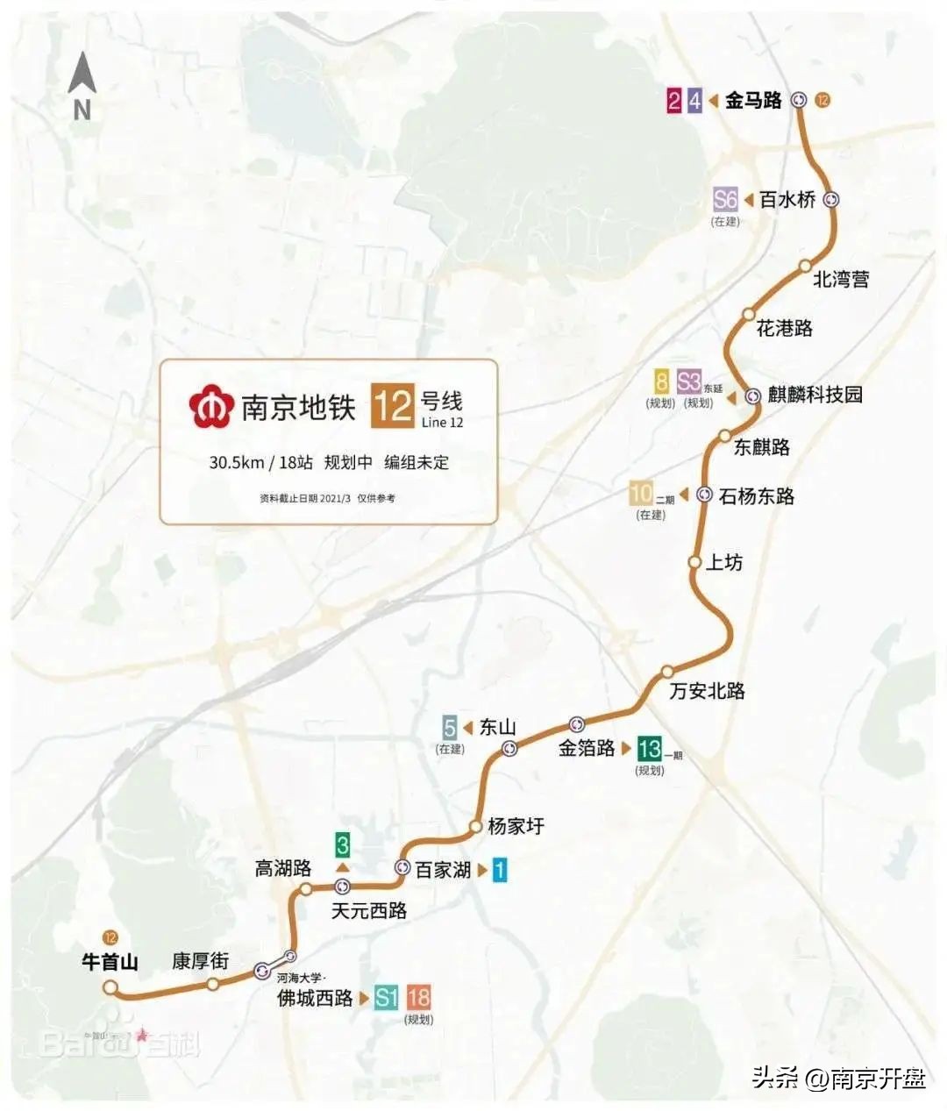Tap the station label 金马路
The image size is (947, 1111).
point(752,100)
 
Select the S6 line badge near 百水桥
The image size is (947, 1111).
point(725,199)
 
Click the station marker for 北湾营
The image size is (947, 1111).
point(805,266)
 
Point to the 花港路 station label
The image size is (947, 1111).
point(784,328)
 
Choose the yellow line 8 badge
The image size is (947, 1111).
point(661,382)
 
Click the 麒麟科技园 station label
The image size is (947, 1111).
point(815,395)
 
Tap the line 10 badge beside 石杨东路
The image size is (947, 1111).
point(641,494)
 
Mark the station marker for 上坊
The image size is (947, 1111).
point(694,561)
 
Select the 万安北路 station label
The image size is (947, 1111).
point(707,691)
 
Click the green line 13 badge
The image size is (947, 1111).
point(649,748)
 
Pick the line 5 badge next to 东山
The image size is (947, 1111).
point(450,727)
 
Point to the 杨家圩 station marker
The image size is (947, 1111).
point(474,826)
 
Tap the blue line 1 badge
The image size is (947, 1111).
point(499,870)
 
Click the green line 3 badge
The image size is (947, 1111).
point(343,845)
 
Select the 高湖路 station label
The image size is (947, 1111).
point(283,868)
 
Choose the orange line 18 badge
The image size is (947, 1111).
point(419,997)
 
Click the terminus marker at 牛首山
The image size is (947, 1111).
point(110,988)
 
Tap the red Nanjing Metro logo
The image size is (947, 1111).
point(210,406)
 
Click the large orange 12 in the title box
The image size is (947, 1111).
point(391,407)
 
